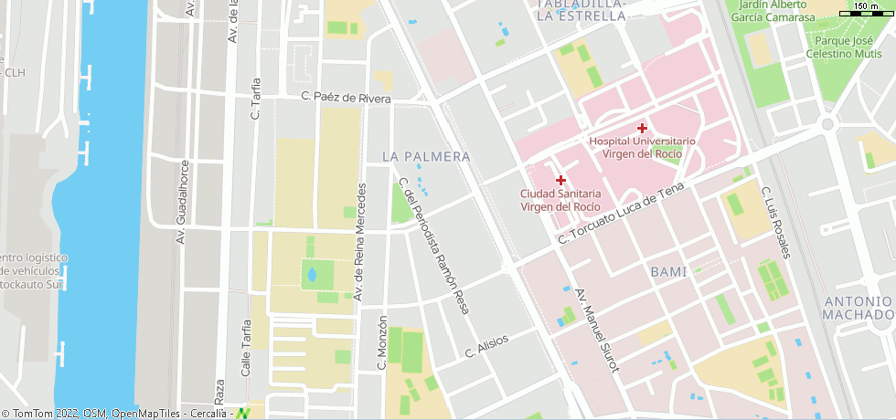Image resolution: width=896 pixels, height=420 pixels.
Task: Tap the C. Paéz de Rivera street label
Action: click(346, 98)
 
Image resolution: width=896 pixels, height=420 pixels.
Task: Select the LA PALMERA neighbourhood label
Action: click(426, 157)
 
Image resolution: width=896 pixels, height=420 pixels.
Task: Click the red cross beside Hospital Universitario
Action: click(642, 128)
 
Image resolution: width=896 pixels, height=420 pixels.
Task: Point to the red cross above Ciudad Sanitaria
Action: click(560, 180)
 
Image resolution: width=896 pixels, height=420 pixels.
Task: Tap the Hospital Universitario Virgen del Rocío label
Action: click(642, 148)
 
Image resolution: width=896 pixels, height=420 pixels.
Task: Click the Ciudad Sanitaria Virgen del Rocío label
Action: click(560, 200)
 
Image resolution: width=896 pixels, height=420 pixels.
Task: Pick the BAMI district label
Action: click(668, 272)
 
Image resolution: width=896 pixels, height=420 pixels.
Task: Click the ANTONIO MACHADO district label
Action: click(857, 309)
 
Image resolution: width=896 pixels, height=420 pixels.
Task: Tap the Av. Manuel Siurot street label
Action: click(597, 331)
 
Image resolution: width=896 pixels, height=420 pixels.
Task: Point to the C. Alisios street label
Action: click(485, 346)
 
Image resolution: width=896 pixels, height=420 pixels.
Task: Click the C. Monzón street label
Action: click(382, 343)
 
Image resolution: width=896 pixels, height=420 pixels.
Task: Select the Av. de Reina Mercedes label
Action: click(360, 243)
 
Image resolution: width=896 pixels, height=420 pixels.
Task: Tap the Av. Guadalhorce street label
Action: click(183, 203)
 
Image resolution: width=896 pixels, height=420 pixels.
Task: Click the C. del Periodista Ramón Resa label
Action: click(434, 247)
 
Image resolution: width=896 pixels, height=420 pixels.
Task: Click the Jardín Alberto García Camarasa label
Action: click(773, 11)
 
